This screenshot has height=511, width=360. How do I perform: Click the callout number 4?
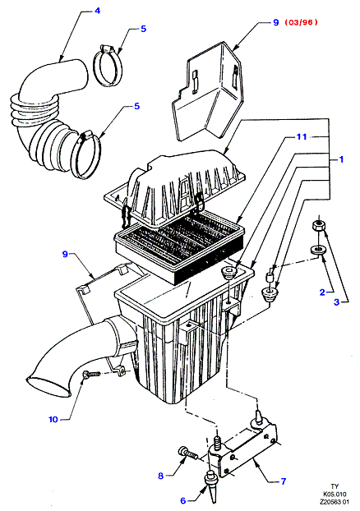coord(97,11)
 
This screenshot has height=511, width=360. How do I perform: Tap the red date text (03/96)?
coord(301,22)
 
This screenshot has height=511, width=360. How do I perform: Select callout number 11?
coord(302,136)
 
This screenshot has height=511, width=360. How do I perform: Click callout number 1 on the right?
coord(341,159)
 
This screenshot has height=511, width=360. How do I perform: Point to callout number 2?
coord(322,292)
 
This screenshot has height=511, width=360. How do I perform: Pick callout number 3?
coord(336,302)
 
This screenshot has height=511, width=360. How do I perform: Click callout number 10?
coord(53,420)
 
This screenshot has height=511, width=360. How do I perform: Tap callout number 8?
coord(160,476)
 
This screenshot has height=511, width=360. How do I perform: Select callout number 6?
coord(183,500)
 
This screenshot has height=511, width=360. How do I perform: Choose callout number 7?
coord(283,481)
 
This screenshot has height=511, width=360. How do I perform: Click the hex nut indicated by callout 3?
coord(318,226)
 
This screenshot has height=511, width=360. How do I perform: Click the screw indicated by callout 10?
coord(91,374)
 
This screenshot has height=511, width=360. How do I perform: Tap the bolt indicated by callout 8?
coord(187,453)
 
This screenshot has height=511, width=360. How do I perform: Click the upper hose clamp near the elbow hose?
coord(108,66)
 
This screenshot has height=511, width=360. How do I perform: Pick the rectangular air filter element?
coord(179,245)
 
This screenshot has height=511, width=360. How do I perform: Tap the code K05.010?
coord(335,495)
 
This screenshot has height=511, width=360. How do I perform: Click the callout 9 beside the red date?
coord(276,22)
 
